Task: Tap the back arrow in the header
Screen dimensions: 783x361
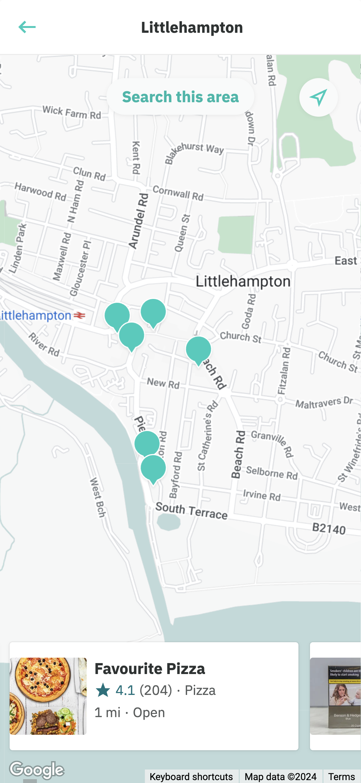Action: pyautogui.click(x=27, y=27)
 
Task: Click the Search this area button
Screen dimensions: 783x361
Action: pyautogui.click(x=180, y=97)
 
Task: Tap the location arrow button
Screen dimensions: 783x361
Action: pyautogui.click(x=318, y=97)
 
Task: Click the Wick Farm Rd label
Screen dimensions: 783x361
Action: pyautogui.click(x=72, y=113)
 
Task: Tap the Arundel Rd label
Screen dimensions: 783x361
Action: pyautogui.click(x=139, y=221)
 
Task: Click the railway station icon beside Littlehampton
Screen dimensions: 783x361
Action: pyautogui.click(x=79, y=316)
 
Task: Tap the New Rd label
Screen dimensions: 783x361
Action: pyautogui.click(x=163, y=383)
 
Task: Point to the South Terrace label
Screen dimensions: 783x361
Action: pyautogui.click(x=191, y=511)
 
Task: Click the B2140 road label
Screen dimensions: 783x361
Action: pyautogui.click(x=329, y=528)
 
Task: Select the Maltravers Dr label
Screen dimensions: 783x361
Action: pyautogui.click(x=324, y=402)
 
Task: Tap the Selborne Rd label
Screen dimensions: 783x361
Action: pyautogui.click(x=272, y=473)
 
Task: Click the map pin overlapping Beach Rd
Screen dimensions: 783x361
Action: pyautogui.click(x=199, y=350)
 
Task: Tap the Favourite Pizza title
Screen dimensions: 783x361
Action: pyautogui.click(x=150, y=669)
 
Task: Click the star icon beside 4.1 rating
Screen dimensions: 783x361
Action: pyautogui.click(x=103, y=690)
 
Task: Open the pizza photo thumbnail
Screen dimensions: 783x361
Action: pyautogui.click(x=48, y=696)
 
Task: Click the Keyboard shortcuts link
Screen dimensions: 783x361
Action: pyautogui.click(x=191, y=777)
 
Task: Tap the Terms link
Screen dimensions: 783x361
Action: pyautogui.click(x=341, y=777)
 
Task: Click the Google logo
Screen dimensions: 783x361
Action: pyautogui.click(x=37, y=770)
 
